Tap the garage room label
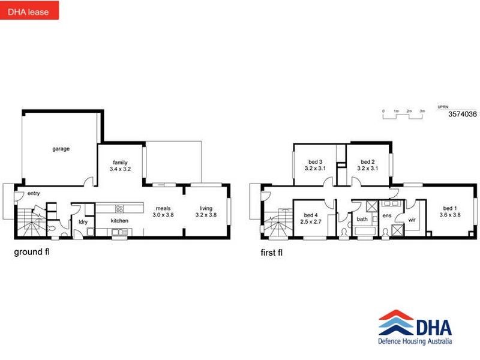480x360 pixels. (x=61, y=148)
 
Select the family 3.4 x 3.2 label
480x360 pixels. (x=120, y=166)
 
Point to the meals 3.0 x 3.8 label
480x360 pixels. (x=163, y=211)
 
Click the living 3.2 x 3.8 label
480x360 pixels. (x=206, y=211)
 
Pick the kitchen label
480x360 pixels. (x=119, y=221)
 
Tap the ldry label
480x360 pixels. (x=83, y=222)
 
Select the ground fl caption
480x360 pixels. (x=32, y=252)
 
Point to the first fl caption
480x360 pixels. (x=272, y=253)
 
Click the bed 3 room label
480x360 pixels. (x=316, y=166)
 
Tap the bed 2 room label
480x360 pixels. (x=367, y=166)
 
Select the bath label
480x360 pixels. (x=362, y=219)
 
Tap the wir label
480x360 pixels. (x=412, y=220)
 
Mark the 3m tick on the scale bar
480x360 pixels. (x=422, y=112)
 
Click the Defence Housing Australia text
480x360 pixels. (x=415, y=342)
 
